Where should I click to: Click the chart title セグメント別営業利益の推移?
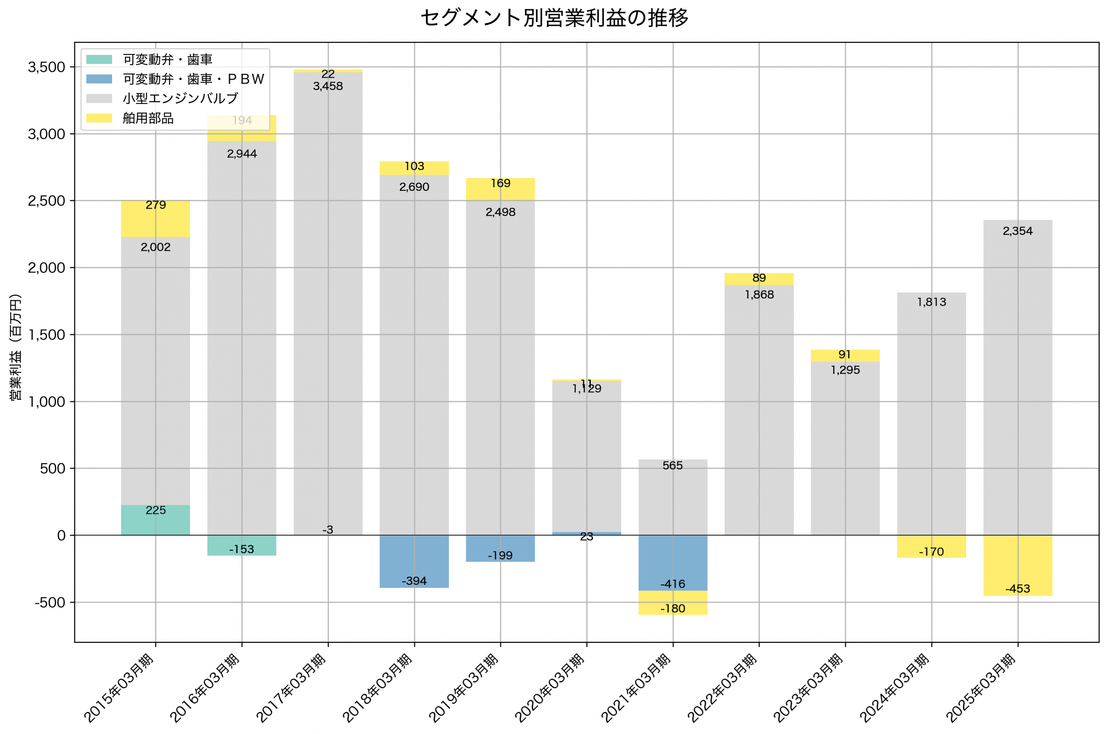click(554, 18)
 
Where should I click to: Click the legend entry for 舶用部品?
click(148, 118)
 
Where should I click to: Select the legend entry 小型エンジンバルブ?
click(180, 98)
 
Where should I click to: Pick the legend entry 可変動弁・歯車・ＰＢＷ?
click(193, 79)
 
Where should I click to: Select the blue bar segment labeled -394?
click(414, 561)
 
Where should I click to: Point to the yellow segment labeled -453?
click(1018, 565)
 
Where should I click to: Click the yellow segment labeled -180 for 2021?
click(673, 603)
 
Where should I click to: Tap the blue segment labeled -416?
click(673, 563)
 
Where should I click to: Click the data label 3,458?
click(328, 86)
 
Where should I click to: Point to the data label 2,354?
click(1018, 231)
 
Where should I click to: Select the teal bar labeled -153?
click(242, 545)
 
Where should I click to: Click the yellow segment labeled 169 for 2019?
click(500, 189)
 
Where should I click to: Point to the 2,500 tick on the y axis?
click(46, 201)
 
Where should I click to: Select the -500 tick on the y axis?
click(50, 603)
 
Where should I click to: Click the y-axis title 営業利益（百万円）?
click(16, 347)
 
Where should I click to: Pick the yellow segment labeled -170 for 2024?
click(931, 546)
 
